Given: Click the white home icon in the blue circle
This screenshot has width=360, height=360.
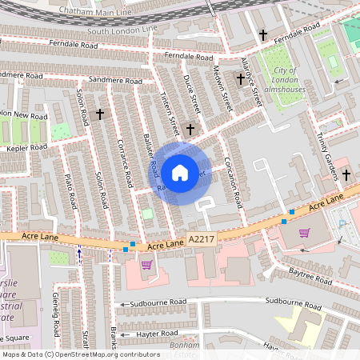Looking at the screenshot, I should tap(180, 173).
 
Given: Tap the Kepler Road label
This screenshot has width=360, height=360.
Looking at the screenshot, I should tap(26, 148).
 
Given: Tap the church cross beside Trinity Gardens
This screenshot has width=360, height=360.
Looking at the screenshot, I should tap(346, 174).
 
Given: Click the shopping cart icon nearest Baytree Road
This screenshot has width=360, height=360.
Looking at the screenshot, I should tap(304, 234).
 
